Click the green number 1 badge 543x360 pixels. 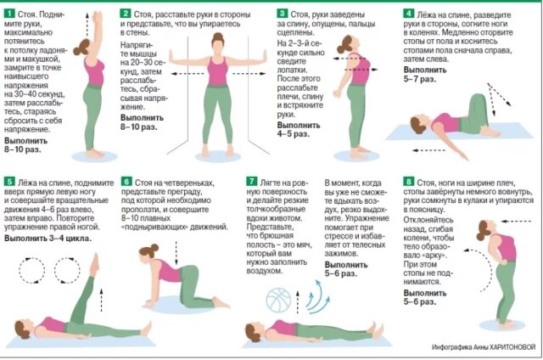9,14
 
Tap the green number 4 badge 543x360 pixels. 409,14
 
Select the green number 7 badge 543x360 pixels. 251,182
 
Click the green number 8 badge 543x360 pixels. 409,182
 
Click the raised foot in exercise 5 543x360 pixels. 94,264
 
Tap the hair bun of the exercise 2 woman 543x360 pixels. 217,36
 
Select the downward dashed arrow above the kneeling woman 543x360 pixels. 176,253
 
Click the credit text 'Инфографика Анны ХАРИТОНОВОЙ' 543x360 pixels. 484,346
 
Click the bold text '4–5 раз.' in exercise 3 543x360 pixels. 294,134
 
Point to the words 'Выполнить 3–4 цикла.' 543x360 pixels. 48,239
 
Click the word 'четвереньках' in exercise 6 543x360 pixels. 189,183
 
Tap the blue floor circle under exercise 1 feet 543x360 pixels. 94,156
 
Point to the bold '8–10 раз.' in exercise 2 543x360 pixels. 139,127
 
